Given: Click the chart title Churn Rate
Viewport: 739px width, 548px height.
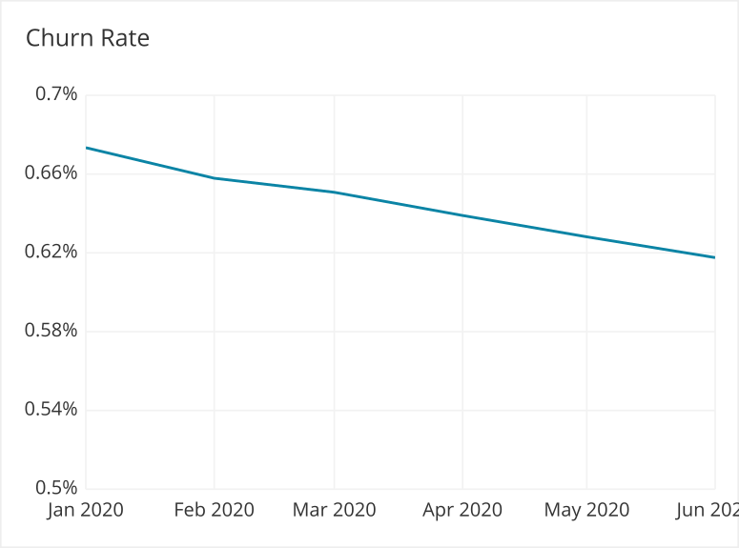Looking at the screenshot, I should (x=88, y=38).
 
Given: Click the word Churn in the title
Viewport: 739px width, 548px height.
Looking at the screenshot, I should (x=58, y=38).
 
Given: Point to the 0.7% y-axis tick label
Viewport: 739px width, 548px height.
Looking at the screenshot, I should (x=56, y=94).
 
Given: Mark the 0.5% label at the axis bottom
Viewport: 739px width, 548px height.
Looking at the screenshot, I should (x=56, y=488).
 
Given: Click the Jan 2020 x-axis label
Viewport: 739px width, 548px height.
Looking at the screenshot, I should (x=86, y=510).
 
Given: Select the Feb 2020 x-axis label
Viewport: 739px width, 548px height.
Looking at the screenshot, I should (x=214, y=510).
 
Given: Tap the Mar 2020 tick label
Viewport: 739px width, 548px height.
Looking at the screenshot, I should (x=334, y=510).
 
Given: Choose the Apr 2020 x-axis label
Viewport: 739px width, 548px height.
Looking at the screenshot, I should (x=462, y=510).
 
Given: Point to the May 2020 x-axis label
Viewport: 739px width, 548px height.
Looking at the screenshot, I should (x=586, y=510).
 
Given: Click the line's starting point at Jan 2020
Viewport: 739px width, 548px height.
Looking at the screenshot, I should (x=87, y=148).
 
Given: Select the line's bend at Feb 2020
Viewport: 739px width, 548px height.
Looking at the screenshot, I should (x=214, y=178).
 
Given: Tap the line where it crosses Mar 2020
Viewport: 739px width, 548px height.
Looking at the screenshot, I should (x=334, y=193).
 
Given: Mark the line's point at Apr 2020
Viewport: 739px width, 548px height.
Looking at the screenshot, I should (x=462, y=215).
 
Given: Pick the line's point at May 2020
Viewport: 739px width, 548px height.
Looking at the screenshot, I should (x=586, y=236).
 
